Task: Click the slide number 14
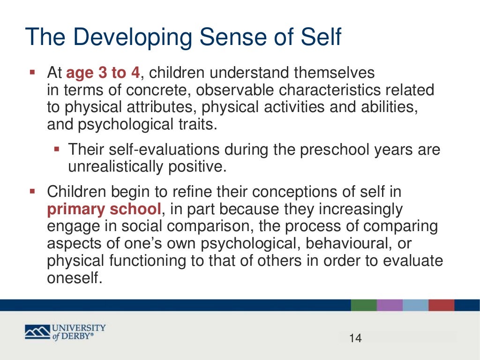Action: (x=356, y=338)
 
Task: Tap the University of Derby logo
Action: (x=65, y=332)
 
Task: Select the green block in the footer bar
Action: (x=363, y=305)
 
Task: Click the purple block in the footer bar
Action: (x=389, y=305)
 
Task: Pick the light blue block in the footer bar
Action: (x=415, y=305)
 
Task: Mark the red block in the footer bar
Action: (x=441, y=305)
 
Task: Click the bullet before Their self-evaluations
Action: (x=57, y=150)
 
